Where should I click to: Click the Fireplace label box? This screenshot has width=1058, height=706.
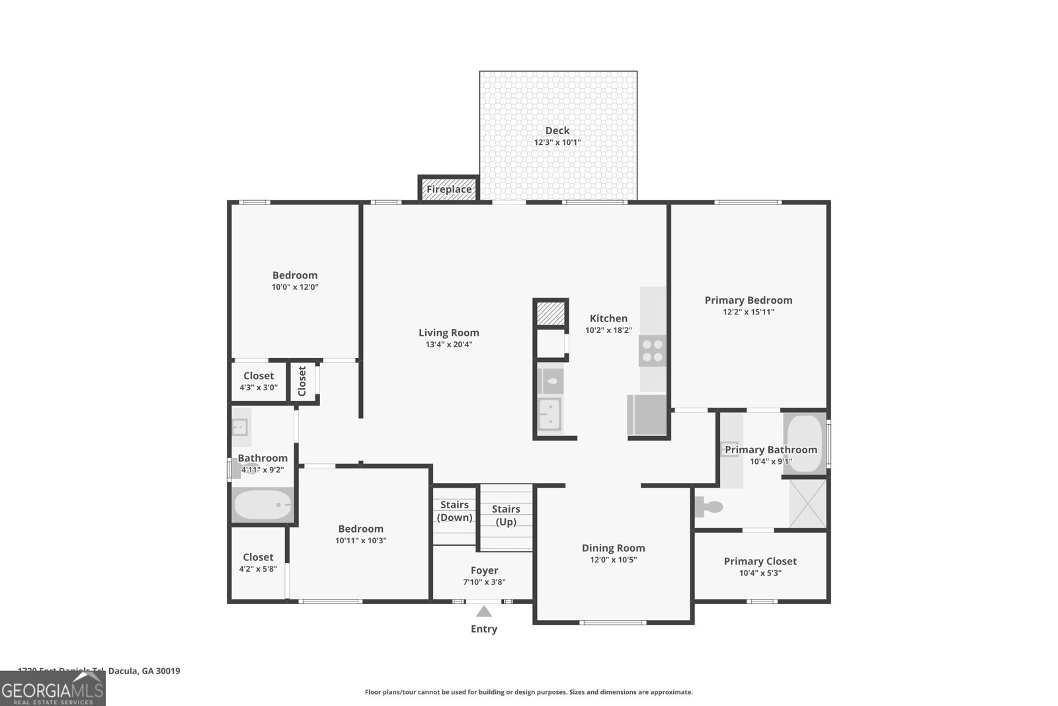(x=448, y=189)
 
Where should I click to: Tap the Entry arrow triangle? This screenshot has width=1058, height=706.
(x=484, y=611)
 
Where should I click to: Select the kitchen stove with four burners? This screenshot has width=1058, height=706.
(x=652, y=351)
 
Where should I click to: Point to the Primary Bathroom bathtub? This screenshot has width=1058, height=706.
(x=804, y=443)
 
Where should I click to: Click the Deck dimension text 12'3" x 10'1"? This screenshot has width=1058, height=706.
(x=557, y=142)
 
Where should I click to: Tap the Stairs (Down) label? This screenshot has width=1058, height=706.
(x=454, y=511)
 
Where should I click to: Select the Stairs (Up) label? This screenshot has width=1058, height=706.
(x=506, y=515)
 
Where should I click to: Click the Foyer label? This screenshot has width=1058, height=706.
(x=484, y=570)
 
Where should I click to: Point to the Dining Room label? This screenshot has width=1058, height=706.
(x=613, y=548)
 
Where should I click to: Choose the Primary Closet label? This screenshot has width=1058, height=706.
(x=760, y=561)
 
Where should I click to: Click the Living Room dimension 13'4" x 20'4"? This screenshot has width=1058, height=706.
(x=448, y=344)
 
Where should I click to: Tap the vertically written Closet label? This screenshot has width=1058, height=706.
(x=302, y=382)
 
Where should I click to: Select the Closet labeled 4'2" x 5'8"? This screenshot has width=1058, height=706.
(x=258, y=562)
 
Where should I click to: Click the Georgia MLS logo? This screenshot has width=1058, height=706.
(x=53, y=688)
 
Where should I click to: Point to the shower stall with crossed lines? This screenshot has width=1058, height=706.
(x=808, y=504)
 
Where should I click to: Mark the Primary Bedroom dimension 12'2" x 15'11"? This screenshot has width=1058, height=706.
(x=748, y=312)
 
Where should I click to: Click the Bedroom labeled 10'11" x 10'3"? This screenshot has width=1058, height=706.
(x=360, y=534)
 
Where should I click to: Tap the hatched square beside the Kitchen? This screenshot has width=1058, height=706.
(x=549, y=314)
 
